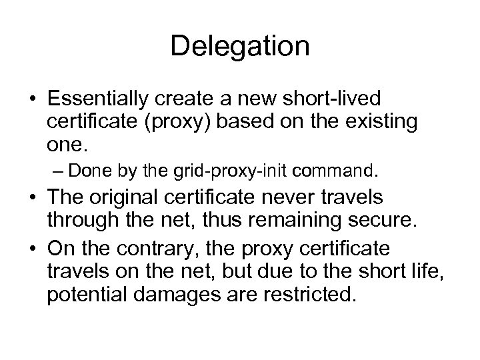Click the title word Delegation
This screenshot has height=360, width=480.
(x=239, y=46)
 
